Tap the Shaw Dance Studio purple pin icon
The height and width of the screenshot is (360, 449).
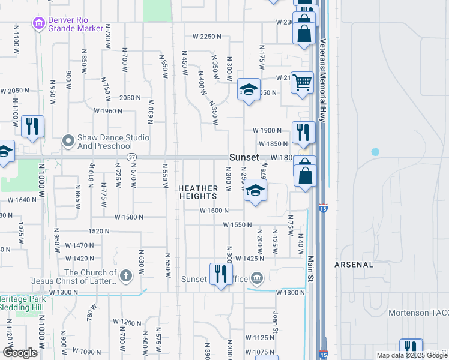click(x=68, y=142)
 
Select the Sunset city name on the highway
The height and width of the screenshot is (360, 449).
click(x=244, y=157)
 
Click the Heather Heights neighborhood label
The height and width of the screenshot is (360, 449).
click(x=197, y=192)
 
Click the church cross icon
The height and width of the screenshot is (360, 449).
click(x=125, y=275)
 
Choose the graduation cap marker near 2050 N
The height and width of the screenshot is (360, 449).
click(x=249, y=90)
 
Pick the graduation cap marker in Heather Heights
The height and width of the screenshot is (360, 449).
click(x=256, y=192)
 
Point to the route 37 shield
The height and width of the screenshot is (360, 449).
click(x=131, y=157)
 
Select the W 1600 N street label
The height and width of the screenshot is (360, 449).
click(x=215, y=211)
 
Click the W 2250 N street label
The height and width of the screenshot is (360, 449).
click(x=207, y=37)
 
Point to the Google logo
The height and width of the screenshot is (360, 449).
click(x=20, y=353)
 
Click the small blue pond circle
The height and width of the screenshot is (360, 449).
click(x=375, y=152)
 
